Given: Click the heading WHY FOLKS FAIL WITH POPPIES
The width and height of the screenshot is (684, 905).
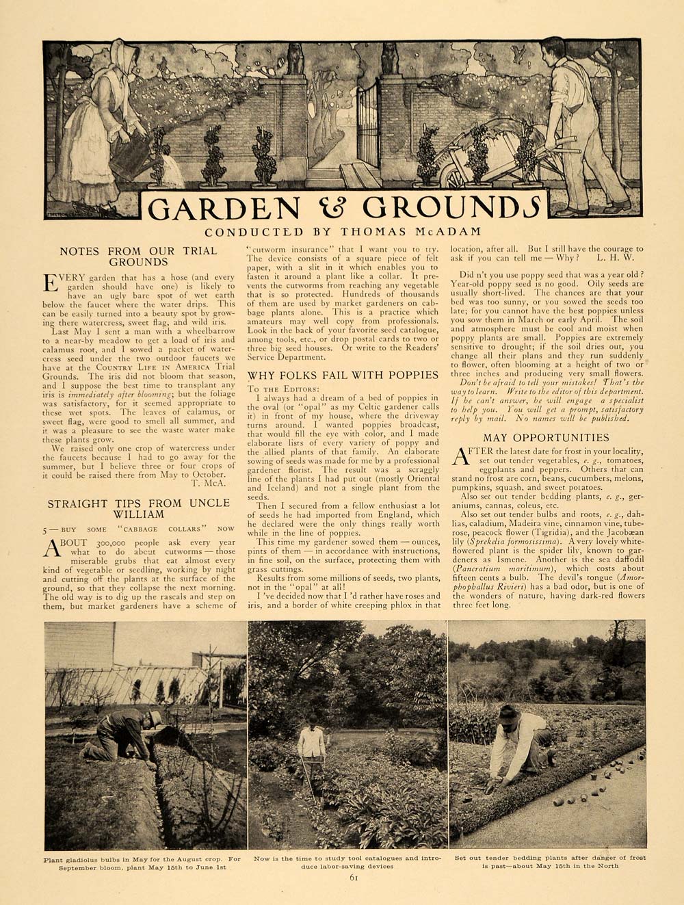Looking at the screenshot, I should [x=343, y=374].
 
